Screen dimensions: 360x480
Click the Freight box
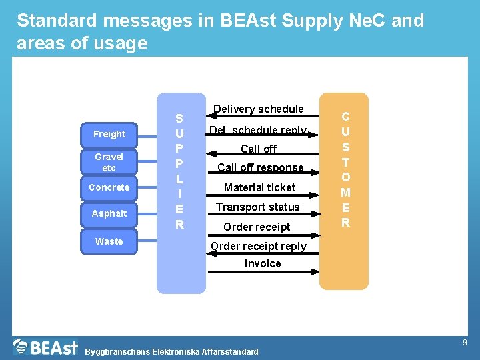109,134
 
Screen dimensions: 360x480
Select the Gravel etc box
109,162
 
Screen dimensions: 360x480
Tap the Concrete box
109,187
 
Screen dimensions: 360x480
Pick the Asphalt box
109,213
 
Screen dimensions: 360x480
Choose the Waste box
109,241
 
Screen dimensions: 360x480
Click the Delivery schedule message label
259,109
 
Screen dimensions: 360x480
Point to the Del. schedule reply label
258,130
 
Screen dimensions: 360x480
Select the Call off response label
260,167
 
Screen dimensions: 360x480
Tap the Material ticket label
259,187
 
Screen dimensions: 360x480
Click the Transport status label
257,207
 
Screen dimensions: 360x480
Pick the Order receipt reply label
259,246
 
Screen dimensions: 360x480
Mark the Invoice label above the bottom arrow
263,263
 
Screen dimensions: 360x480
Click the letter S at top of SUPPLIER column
179,119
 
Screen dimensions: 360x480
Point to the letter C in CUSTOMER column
345,116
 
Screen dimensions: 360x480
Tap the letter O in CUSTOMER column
345,177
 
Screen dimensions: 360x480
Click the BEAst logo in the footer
45,347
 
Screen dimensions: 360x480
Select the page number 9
465,343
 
